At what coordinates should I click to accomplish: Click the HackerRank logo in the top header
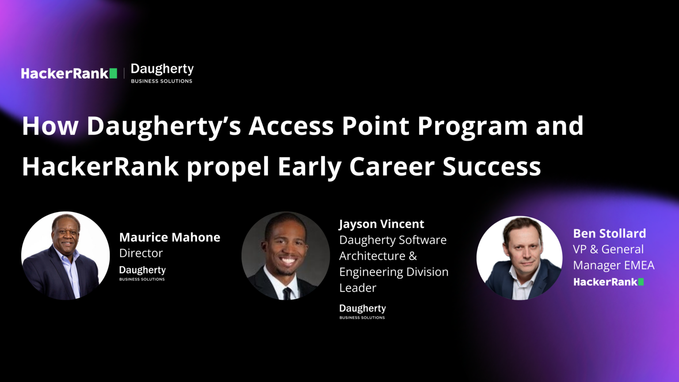[x=69, y=73]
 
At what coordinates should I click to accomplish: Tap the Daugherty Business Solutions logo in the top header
[x=162, y=73]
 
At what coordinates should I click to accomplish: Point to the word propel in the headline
[x=228, y=167]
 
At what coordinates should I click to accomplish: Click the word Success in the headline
[x=492, y=167]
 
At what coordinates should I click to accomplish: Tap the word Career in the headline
[x=392, y=167]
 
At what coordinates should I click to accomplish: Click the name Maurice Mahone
[x=170, y=237]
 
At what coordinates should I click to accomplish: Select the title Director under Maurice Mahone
[x=141, y=253]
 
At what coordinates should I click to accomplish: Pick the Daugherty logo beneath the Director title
[x=142, y=273]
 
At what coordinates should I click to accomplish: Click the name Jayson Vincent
[x=381, y=224]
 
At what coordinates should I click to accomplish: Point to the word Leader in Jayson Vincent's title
[x=358, y=288]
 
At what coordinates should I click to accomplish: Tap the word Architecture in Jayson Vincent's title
[x=372, y=256]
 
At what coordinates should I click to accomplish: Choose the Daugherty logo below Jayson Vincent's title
[x=362, y=311]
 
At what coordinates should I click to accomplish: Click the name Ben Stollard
[x=610, y=233]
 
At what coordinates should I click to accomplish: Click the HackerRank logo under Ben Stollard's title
[x=608, y=282]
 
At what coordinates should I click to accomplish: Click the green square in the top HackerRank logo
[x=113, y=73]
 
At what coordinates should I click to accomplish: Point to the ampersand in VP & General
[x=594, y=249]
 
